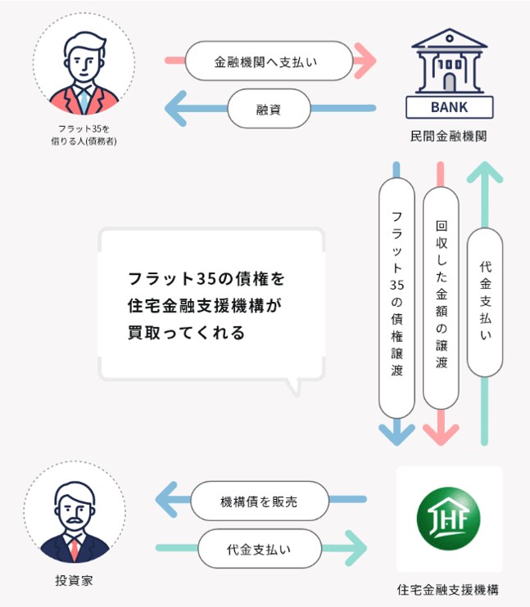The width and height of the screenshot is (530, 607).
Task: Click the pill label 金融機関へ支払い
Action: click(270, 61)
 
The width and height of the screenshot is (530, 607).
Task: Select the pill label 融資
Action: click(270, 108)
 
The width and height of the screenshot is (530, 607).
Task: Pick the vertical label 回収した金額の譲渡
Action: click(441, 294)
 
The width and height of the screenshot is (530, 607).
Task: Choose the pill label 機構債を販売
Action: click(259, 502)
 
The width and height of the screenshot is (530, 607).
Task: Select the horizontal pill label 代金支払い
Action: click(259, 548)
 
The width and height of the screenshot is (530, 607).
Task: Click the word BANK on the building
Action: click(449, 107)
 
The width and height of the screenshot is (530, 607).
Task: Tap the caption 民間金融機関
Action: click(448, 137)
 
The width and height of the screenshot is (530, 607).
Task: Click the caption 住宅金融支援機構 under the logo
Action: click(448, 589)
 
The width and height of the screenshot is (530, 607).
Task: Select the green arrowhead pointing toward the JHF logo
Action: click(355, 548)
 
